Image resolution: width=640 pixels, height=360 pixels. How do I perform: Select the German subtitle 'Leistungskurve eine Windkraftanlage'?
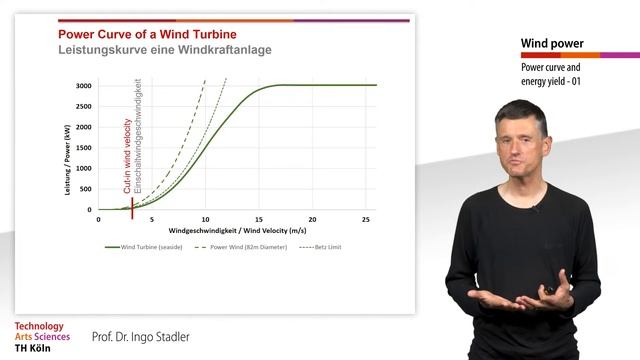[x=151, y=49]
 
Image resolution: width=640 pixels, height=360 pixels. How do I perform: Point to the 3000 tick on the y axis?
[x=83, y=86]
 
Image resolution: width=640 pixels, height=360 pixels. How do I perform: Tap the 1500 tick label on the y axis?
[x=83, y=148]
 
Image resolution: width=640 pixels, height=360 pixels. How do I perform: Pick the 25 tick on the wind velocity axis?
[x=366, y=219]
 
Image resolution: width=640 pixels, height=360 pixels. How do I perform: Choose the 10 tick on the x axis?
[x=206, y=219]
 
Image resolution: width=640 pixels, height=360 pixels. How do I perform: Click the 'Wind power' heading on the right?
[x=552, y=44]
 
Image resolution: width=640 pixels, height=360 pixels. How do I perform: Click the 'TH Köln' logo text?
[x=35, y=348]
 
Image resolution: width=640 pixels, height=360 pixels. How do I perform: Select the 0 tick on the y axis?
[x=89, y=210]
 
